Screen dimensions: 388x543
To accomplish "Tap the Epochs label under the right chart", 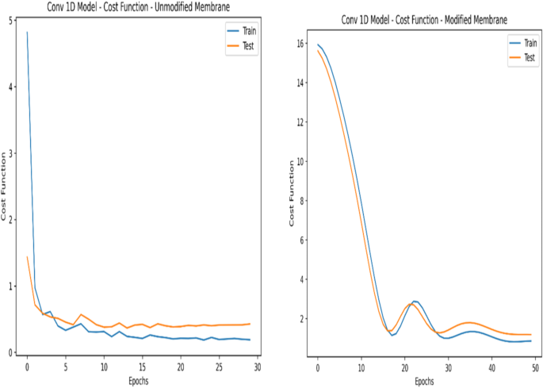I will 424,381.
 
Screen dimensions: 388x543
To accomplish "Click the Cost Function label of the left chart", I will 4,190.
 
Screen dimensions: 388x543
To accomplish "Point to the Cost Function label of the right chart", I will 291,195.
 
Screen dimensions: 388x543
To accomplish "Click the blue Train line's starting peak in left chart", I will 27,33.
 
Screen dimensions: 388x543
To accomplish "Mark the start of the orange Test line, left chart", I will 27,257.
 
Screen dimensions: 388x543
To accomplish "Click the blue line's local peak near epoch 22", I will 415,302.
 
